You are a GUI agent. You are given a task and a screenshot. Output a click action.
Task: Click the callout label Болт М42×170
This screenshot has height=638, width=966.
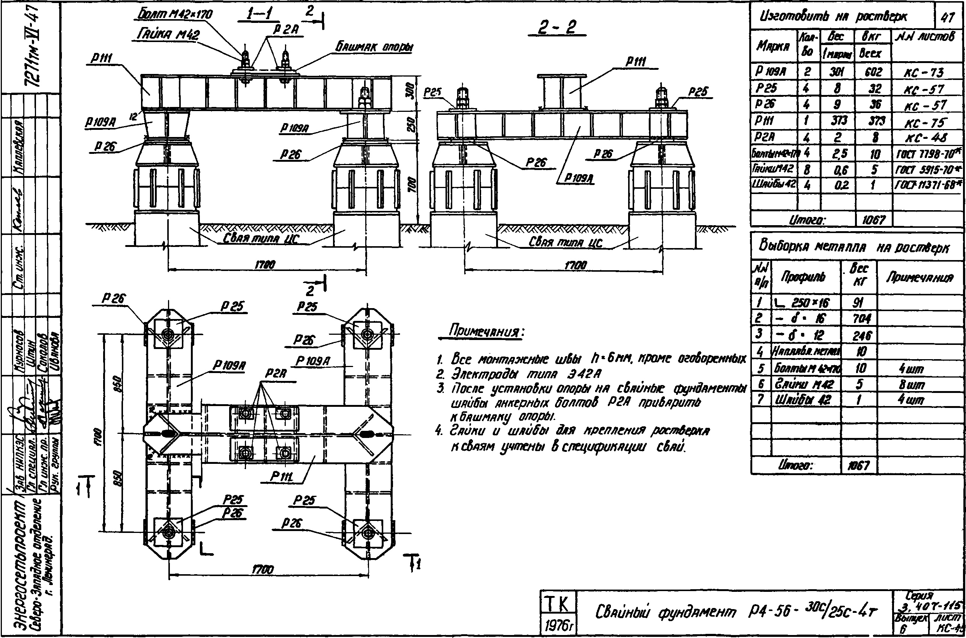175,15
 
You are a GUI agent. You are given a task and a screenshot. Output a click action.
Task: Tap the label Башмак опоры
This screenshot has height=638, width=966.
374,48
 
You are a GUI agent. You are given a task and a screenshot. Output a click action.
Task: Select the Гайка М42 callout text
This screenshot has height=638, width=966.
168,35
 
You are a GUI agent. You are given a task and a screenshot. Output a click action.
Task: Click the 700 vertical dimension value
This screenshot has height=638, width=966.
411,185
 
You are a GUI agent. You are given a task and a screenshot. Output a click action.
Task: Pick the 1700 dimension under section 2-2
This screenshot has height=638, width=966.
576,266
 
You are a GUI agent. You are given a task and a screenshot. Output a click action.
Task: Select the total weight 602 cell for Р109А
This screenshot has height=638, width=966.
874,72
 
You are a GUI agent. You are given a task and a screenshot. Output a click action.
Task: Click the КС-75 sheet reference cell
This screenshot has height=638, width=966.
925,122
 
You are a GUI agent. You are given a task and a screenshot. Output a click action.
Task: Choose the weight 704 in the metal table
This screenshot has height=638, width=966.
859,319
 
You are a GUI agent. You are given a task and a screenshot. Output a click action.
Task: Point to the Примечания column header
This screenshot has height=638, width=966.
919,277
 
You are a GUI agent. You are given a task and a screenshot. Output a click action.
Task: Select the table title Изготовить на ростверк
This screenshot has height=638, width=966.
834,17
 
